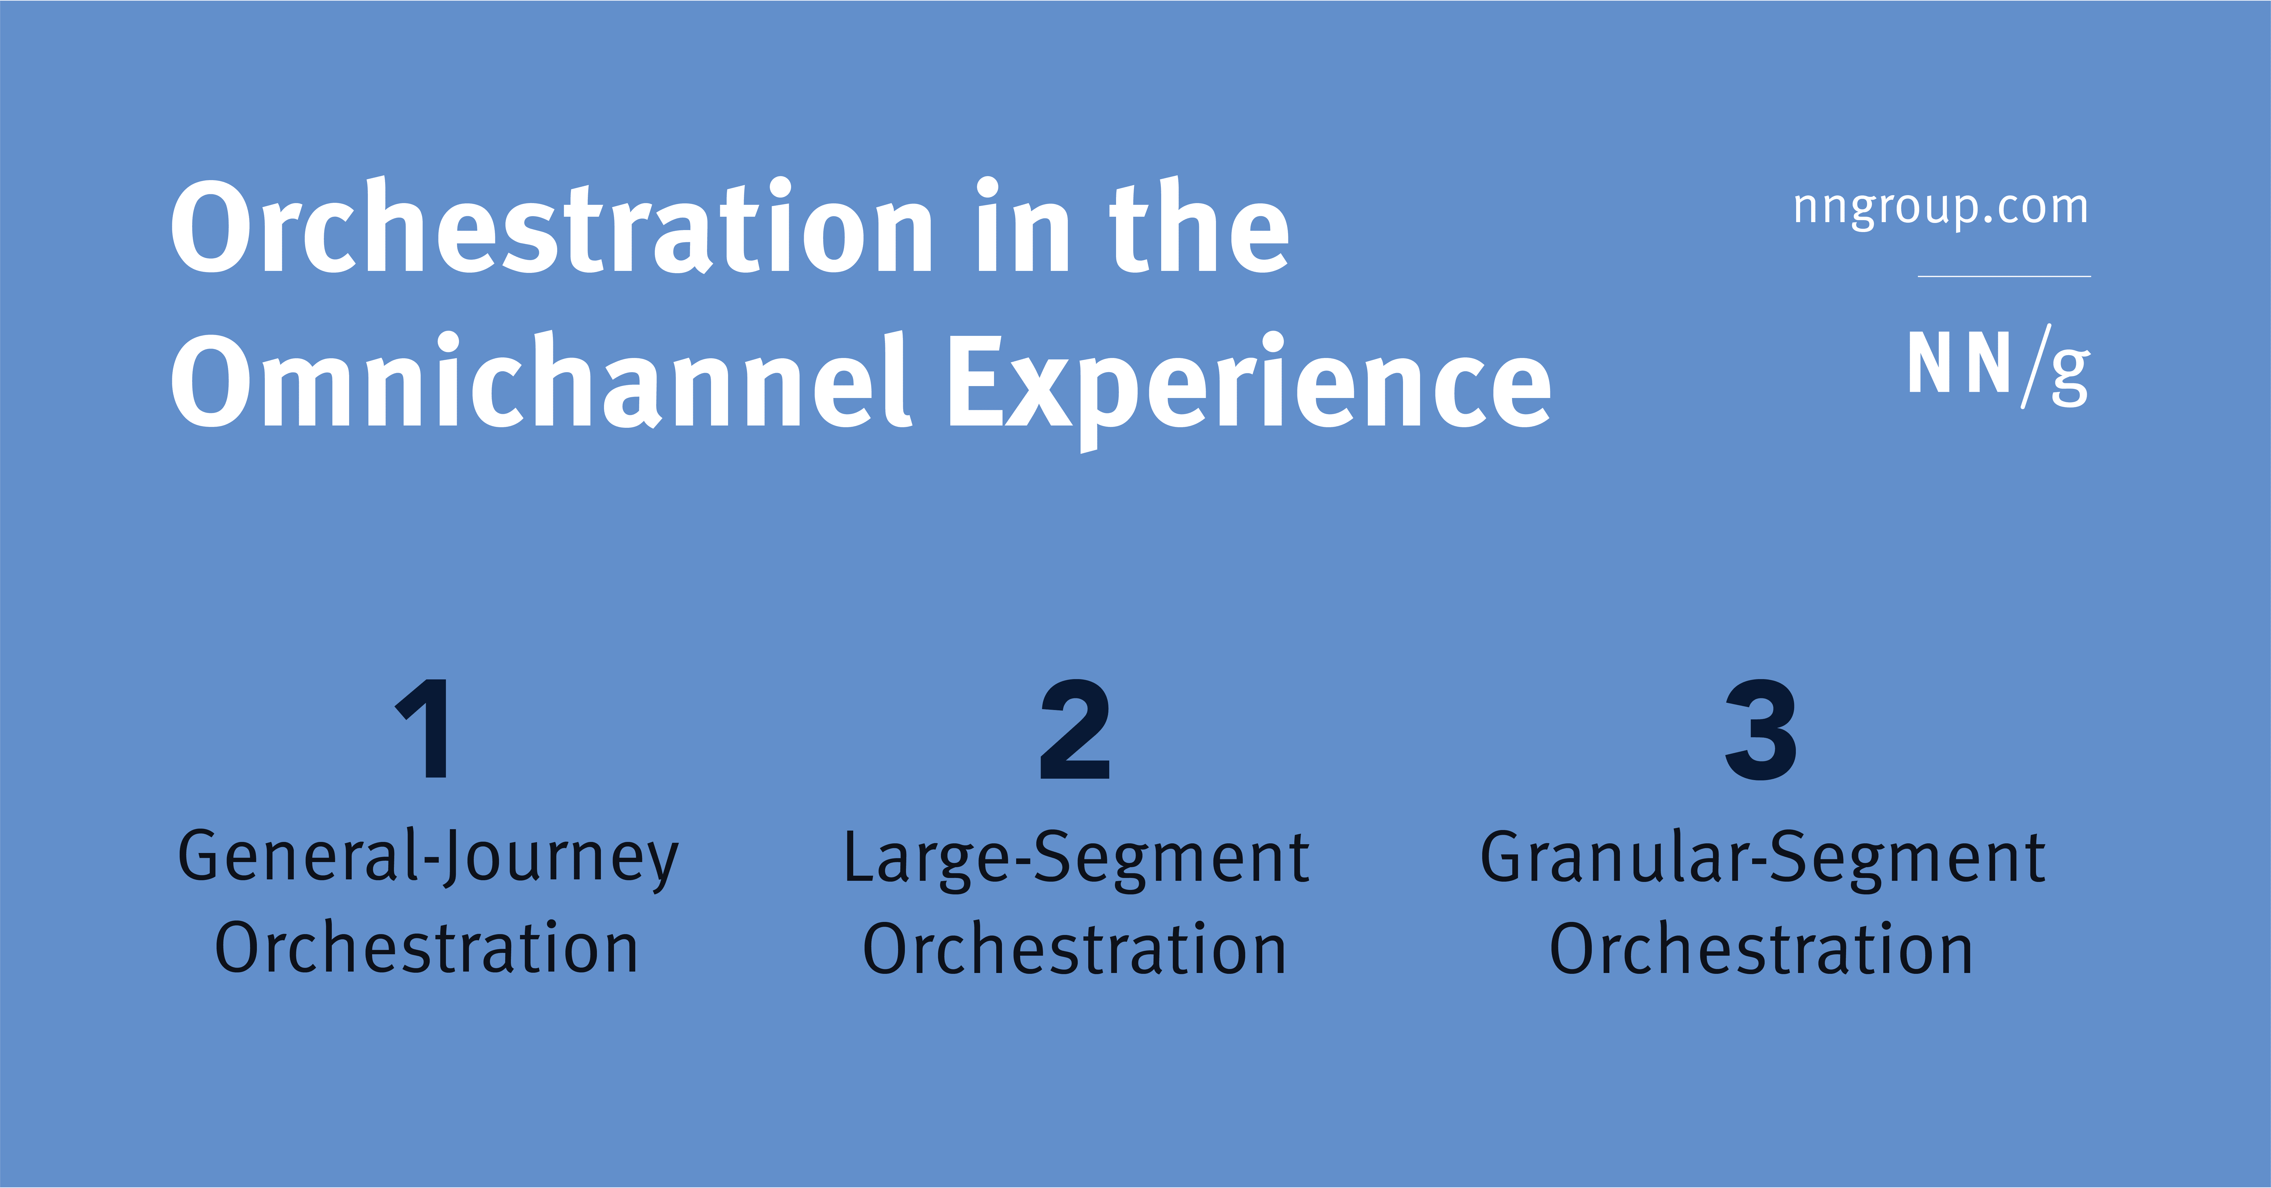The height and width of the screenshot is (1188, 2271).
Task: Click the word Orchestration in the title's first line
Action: (551, 228)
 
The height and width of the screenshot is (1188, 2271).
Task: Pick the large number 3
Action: (1761, 730)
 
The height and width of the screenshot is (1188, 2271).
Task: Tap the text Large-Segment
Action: (1075, 858)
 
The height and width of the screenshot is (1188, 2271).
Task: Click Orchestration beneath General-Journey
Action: (427, 949)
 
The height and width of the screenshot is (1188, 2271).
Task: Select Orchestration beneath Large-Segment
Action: (1075, 949)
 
